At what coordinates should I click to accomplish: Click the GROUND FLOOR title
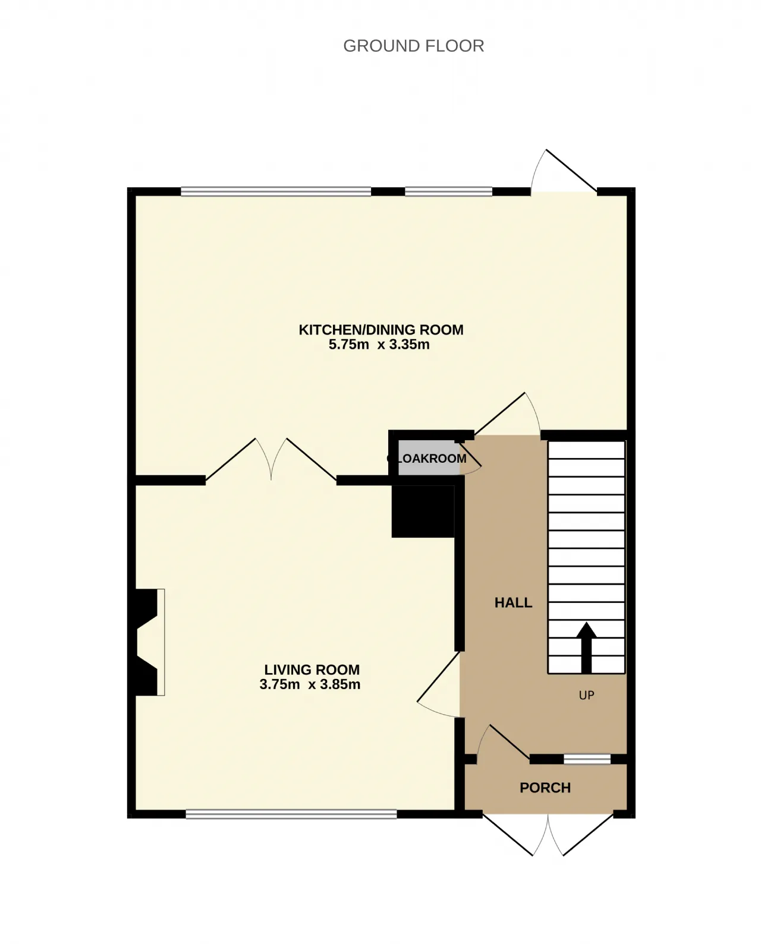(413, 46)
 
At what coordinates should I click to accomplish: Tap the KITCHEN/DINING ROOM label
(380, 330)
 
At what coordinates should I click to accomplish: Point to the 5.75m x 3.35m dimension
(379, 345)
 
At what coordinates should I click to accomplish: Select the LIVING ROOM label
(312, 670)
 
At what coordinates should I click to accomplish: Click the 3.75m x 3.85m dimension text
(310, 684)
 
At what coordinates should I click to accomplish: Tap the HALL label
(513, 603)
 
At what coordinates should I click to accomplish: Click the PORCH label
(545, 788)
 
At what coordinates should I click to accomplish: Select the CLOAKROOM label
(426, 459)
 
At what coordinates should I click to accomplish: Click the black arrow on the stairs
(586, 648)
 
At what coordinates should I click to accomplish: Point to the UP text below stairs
(586, 695)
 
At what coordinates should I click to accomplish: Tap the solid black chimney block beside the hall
(423, 511)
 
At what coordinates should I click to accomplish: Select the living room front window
(291, 814)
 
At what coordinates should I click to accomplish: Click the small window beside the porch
(587, 759)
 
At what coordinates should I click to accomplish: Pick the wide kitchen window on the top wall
(276, 191)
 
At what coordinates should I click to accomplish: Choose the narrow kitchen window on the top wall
(448, 191)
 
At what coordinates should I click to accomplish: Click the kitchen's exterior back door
(564, 171)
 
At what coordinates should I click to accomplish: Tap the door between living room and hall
(438, 684)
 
